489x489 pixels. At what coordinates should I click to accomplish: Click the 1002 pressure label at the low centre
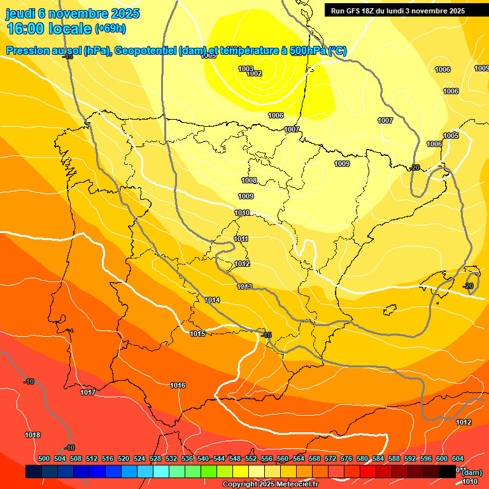click(x=254, y=74)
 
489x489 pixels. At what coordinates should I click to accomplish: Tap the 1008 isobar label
click(x=249, y=181)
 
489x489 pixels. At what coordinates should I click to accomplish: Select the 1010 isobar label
click(x=242, y=213)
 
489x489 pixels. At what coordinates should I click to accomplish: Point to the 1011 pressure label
click(x=241, y=239)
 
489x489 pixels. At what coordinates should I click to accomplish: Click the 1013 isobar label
click(x=244, y=287)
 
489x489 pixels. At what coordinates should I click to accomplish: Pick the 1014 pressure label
click(x=213, y=300)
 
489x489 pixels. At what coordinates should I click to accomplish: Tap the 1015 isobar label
click(x=197, y=334)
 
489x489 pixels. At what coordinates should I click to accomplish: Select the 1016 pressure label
click(x=178, y=385)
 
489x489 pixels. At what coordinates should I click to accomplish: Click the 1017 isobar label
click(x=88, y=392)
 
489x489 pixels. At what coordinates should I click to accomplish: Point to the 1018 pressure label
click(x=32, y=435)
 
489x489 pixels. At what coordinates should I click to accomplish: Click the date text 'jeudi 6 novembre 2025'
click(x=74, y=13)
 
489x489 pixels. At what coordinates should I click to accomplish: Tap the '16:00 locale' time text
click(x=49, y=28)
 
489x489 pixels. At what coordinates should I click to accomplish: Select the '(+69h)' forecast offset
click(x=110, y=29)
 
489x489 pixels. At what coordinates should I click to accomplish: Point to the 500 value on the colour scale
click(x=44, y=458)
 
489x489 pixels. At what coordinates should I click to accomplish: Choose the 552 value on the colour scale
click(x=251, y=458)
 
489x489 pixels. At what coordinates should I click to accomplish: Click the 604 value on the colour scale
click(x=457, y=458)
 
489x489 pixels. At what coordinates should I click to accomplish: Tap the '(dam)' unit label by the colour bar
click(x=471, y=472)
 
